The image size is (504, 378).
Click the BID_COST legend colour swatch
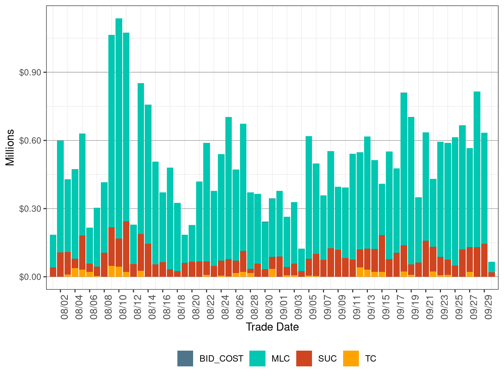pos(185,358)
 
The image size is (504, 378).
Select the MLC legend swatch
pos(257,358)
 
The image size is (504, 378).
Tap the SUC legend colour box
pos(304,358)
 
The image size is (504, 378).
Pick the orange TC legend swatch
pos(351,358)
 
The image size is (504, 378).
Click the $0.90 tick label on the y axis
pos(30,72)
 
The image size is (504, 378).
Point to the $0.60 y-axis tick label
pos(30,141)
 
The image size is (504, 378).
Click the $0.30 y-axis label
pos(30,208)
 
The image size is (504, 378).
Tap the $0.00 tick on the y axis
pos(30,277)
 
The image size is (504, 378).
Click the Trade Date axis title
pos(272,327)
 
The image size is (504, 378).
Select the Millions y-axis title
pos(10,147)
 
